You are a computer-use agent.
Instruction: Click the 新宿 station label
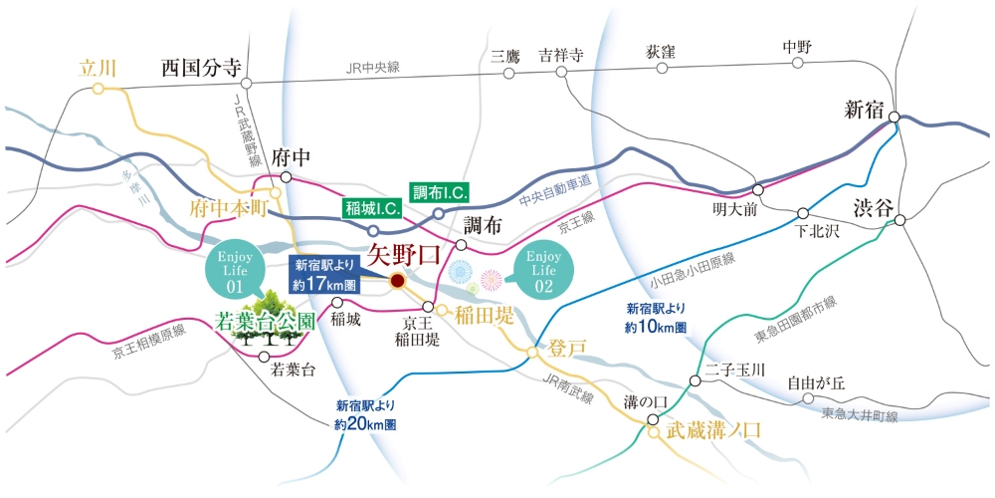[864, 110]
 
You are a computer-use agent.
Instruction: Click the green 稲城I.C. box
[371, 208]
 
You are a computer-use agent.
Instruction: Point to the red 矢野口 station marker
[397, 282]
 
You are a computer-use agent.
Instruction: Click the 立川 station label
[99, 68]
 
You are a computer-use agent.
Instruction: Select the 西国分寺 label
[202, 68]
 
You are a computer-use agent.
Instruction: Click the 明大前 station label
[735, 211]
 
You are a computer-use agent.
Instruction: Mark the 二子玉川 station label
[734, 370]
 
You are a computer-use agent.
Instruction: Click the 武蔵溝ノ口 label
[713, 431]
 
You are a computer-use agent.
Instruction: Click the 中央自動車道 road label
[555, 183]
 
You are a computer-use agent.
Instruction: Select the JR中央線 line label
[372, 68]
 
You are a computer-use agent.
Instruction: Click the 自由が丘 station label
[816, 381]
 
